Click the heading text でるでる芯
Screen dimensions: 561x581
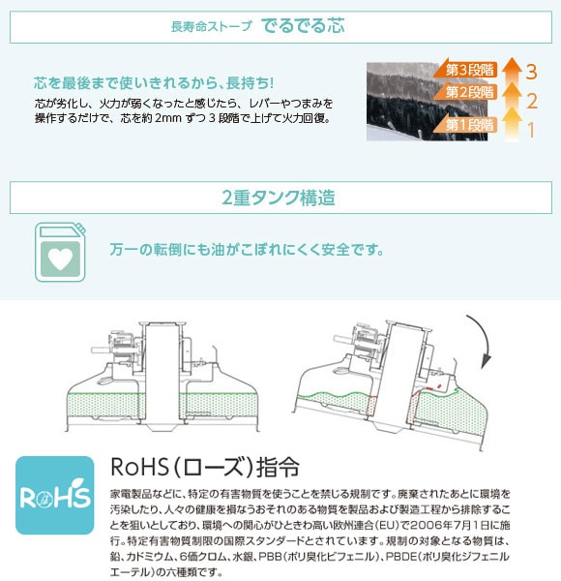pos(303,26)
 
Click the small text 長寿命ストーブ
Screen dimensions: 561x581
pos(211,27)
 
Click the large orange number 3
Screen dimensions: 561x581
pos(531,72)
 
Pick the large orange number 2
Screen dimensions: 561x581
pos(532,101)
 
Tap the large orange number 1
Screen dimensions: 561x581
pos(531,130)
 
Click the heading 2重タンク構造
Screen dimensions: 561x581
pos(279,198)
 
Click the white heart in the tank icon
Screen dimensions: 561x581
pos(60,259)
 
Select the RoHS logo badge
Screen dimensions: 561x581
pos(54,495)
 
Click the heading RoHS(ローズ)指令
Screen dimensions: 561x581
pos(205,467)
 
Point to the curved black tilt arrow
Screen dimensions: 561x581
pos(482,341)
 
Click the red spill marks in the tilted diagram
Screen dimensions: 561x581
pos(428,388)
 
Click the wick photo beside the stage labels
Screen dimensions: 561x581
pos(427,102)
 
